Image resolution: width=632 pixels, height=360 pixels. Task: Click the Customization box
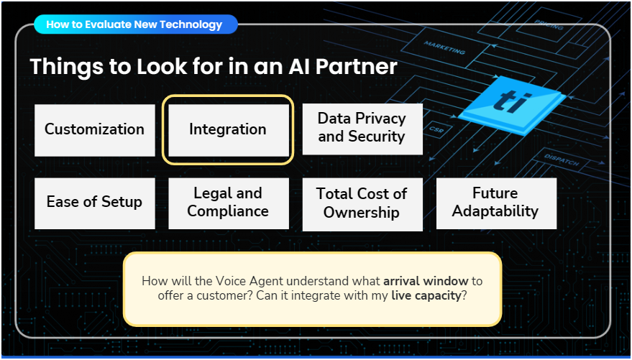click(94, 130)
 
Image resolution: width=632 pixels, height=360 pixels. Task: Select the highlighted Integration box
click(227, 130)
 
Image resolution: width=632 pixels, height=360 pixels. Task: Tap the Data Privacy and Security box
click(362, 128)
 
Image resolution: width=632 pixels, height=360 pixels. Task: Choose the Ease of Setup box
click(94, 203)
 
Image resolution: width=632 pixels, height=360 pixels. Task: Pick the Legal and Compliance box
click(228, 203)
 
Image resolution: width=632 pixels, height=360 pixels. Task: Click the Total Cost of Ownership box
click(362, 203)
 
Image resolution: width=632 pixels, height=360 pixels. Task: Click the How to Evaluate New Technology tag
click(134, 24)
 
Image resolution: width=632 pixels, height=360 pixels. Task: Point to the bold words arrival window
click(426, 282)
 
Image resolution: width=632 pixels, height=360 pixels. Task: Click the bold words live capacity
click(426, 295)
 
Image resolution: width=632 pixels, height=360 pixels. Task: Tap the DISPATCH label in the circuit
click(561, 159)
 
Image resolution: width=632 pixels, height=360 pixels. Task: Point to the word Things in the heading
click(68, 68)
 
